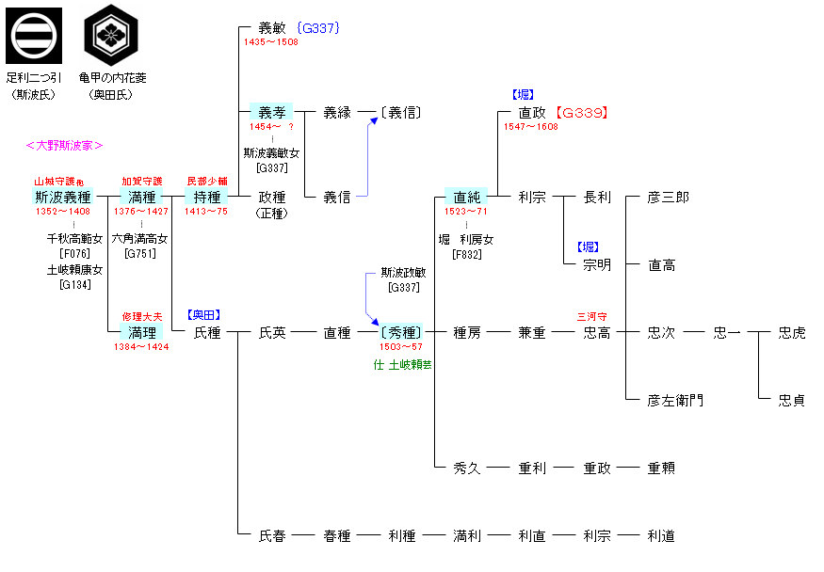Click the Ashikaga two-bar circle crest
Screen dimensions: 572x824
pyautogui.click(x=34, y=36)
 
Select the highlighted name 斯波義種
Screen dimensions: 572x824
pyautogui.click(x=62, y=198)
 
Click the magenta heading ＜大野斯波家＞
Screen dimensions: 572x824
pyautogui.click(x=64, y=145)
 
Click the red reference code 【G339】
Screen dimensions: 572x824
pyautogui.click(x=581, y=113)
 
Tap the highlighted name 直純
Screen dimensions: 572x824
pyautogui.click(x=466, y=198)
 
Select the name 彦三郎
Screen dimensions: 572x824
pyautogui.click(x=668, y=198)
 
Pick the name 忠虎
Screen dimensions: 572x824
pyautogui.click(x=791, y=333)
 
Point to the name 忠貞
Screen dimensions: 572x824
pyautogui.click(x=791, y=401)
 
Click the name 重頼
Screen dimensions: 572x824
pyautogui.click(x=661, y=469)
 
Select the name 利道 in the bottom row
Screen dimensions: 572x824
pyautogui.click(x=661, y=536)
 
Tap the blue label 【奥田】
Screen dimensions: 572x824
pyautogui.click(x=204, y=315)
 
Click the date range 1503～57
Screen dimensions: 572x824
pyautogui.click(x=401, y=347)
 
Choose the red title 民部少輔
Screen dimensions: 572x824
pyautogui.click(x=208, y=181)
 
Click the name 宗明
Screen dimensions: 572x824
pyautogui.click(x=596, y=265)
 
